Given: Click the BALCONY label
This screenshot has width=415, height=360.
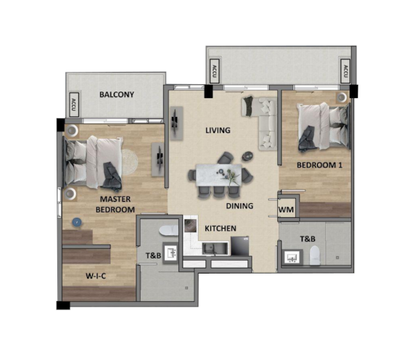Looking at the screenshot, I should point(116,95).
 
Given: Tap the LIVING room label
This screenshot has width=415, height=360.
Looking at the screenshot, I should point(218,131).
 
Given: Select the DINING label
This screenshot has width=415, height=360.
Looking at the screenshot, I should point(239,205).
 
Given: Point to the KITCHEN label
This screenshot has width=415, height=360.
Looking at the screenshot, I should point(221,229).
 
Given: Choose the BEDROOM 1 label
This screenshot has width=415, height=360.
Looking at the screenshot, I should point(319,165).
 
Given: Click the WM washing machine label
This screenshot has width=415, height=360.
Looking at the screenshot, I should point(286,210).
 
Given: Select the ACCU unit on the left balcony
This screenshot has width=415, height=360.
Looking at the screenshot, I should point(73,105).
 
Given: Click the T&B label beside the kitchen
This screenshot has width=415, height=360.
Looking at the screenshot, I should point(153,255).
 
